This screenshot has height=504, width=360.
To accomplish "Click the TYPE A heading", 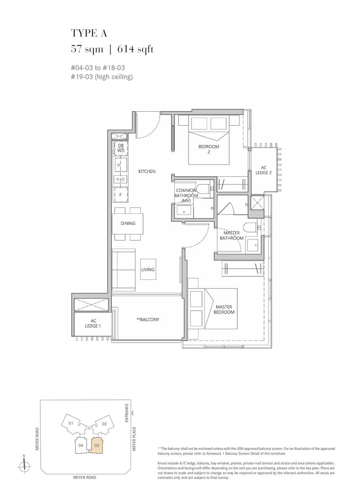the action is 89,33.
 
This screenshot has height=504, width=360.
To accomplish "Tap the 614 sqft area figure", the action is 135,49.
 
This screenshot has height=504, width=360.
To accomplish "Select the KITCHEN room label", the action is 147,171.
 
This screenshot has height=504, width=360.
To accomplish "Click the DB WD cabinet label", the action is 121,148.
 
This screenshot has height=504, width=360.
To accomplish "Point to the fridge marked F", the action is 121,195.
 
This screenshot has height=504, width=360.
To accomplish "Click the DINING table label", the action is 128,223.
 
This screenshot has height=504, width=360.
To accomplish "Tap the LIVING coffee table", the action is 148,269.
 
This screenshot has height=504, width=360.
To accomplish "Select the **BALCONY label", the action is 148,319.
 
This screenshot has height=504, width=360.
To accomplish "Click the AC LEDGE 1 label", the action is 93,323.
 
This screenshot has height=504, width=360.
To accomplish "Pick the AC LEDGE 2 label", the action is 263,170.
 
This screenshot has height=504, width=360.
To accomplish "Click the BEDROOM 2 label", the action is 209,149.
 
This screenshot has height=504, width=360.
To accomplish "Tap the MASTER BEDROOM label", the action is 224,310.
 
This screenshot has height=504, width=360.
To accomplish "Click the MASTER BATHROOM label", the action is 231,235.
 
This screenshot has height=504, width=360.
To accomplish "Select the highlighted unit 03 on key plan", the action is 97,445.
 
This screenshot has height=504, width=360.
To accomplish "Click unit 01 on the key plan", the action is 71,423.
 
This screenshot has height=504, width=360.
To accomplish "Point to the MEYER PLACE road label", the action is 134,439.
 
